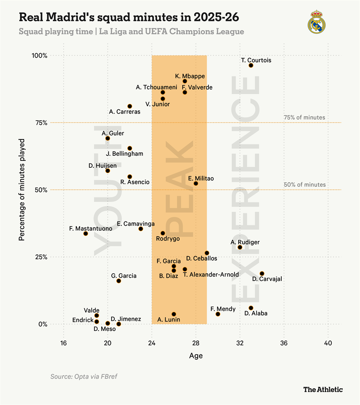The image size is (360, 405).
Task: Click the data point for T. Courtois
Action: click(x=251, y=65)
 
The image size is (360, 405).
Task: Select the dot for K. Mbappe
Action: click(x=185, y=81)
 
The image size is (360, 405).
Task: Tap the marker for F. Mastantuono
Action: click(x=85, y=233)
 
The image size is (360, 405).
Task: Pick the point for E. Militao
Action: click(x=196, y=184)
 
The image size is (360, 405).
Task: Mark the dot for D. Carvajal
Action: click(x=262, y=274)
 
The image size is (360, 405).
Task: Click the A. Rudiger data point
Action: click(x=240, y=247)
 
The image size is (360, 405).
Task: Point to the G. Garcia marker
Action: click(x=118, y=281)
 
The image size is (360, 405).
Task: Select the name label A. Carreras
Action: click(x=125, y=112)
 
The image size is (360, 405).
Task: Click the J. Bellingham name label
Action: click(x=124, y=154)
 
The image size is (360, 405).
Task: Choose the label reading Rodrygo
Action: click(x=168, y=239)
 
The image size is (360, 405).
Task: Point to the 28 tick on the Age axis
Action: click(x=196, y=343)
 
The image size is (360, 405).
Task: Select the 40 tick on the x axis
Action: click(x=328, y=343)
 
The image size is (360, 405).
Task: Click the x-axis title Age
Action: click(x=196, y=356)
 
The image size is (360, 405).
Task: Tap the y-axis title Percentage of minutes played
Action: click(x=22, y=190)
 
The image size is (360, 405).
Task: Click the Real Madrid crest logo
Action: click(x=317, y=22)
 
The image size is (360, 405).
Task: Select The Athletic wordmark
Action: click(x=323, y=389)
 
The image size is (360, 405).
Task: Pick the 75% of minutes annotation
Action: click(x=304, y=117)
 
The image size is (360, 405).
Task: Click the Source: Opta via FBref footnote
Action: click(x=84, y=377)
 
